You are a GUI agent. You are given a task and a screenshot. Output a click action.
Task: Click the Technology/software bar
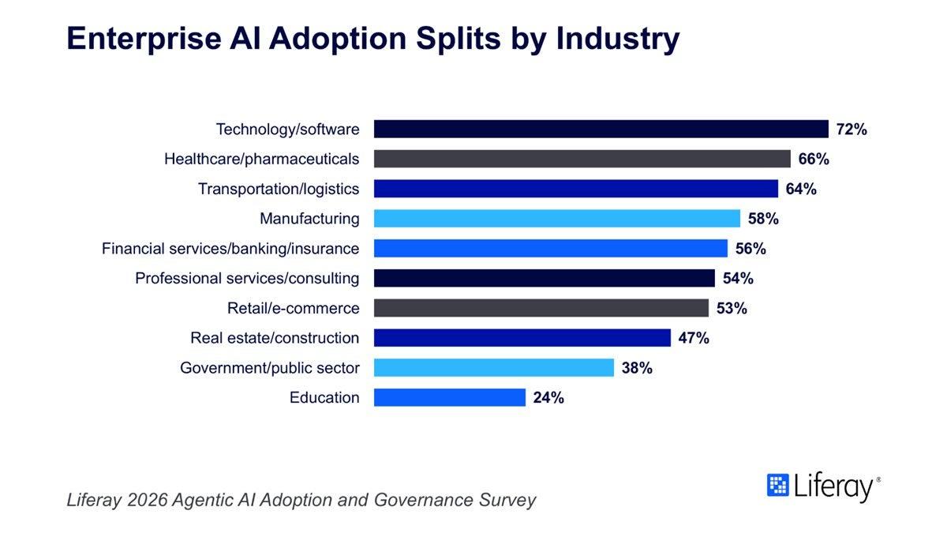coord(601,129)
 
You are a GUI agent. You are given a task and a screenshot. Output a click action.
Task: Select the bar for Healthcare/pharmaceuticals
coord(582,159)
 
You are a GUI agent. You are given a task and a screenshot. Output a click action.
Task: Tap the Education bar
coord(449,398)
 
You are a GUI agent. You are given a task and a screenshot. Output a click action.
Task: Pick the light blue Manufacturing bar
coord(557,218)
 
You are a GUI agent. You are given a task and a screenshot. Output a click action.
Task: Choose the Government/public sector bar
coord(494,368)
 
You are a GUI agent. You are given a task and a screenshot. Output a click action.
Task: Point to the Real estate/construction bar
coord(522,338)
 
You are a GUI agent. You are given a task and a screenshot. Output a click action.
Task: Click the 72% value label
coord(852,129)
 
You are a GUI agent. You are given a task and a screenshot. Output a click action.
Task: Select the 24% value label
coord(548,398)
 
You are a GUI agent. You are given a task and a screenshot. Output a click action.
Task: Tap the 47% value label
coord(694,338)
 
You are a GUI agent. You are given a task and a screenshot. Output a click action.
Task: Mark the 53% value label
coord(732,309)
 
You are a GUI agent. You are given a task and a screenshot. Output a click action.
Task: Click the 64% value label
coord(801,189)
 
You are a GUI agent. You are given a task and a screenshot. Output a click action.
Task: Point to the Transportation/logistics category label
coord(279,189)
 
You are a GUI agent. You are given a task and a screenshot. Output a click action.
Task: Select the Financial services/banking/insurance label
coord(230,248)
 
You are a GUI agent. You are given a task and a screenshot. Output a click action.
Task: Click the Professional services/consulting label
coord(247,278)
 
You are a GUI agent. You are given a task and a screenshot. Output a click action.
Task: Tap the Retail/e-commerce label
coord(294,308)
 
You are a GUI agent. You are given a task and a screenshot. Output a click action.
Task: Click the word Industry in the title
coord(618,39)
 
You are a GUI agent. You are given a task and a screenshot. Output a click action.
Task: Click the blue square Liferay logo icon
coord(778,485)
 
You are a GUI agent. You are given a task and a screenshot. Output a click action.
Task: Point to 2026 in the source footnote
coord(148,500)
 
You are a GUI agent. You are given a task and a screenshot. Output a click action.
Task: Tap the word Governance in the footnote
coord(423,500)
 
